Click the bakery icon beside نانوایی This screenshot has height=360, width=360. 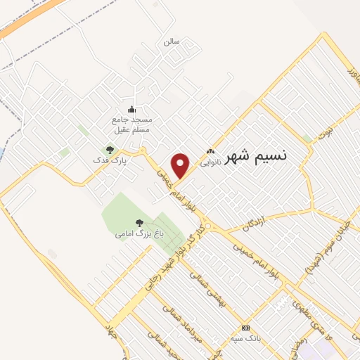coord(210,151)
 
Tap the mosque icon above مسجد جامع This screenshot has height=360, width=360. coord(131,109)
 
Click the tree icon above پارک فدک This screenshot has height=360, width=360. coord(109,149)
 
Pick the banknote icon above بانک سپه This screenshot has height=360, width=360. coord(245,328)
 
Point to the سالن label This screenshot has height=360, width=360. coord(172,41)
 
